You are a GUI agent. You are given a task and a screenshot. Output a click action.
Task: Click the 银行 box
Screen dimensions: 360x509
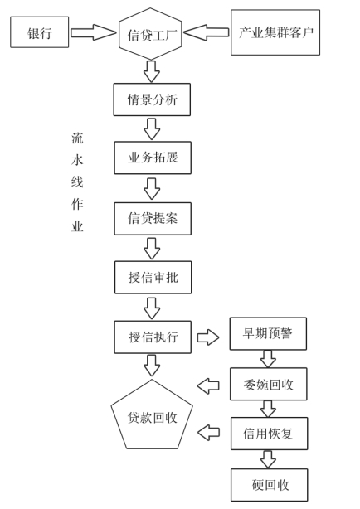pos(39,32)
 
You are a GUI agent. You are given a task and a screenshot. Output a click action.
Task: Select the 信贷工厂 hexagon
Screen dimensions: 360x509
pos(150,34)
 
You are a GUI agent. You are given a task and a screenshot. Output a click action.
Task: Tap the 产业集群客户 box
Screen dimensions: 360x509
pos(275,32)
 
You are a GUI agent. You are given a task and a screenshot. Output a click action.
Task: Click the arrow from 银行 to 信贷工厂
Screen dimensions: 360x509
pos(93,32)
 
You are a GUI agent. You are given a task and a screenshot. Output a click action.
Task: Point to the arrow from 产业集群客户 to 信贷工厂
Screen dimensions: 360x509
pos(207,32)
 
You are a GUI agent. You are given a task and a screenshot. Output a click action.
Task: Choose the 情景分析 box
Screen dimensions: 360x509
pos(152,99)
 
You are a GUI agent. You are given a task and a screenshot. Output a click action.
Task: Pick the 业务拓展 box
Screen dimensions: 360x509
pos(153,158)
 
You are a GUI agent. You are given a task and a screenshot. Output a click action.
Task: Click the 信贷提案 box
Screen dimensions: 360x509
pos(153,219)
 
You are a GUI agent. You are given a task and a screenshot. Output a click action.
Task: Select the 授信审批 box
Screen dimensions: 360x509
pos(153,278)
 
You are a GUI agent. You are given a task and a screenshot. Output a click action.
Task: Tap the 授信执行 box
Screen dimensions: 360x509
pos(153,337)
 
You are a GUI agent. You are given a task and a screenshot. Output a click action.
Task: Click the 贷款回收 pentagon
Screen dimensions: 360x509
pos(152,414)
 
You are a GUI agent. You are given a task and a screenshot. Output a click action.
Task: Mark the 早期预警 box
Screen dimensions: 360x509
pos(268,334)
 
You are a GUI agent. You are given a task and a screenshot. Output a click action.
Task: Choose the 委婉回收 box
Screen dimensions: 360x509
pos(269,384)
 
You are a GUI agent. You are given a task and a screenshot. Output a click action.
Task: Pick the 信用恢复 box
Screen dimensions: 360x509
pos(269,434)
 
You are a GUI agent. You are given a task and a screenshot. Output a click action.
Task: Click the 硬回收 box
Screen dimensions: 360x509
pos(269,485)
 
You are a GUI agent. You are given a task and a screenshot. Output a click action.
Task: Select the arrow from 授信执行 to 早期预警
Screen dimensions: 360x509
pos(208,337)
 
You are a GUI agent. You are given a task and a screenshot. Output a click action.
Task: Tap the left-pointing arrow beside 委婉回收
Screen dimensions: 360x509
pos(208,386)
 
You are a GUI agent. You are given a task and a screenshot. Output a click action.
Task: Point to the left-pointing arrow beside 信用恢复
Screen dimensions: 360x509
pos(208,433)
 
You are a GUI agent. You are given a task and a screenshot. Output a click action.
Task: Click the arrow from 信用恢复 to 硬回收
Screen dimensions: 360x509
pos(268,459)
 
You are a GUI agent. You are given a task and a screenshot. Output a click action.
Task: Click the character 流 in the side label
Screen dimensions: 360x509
pos(77,138)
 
